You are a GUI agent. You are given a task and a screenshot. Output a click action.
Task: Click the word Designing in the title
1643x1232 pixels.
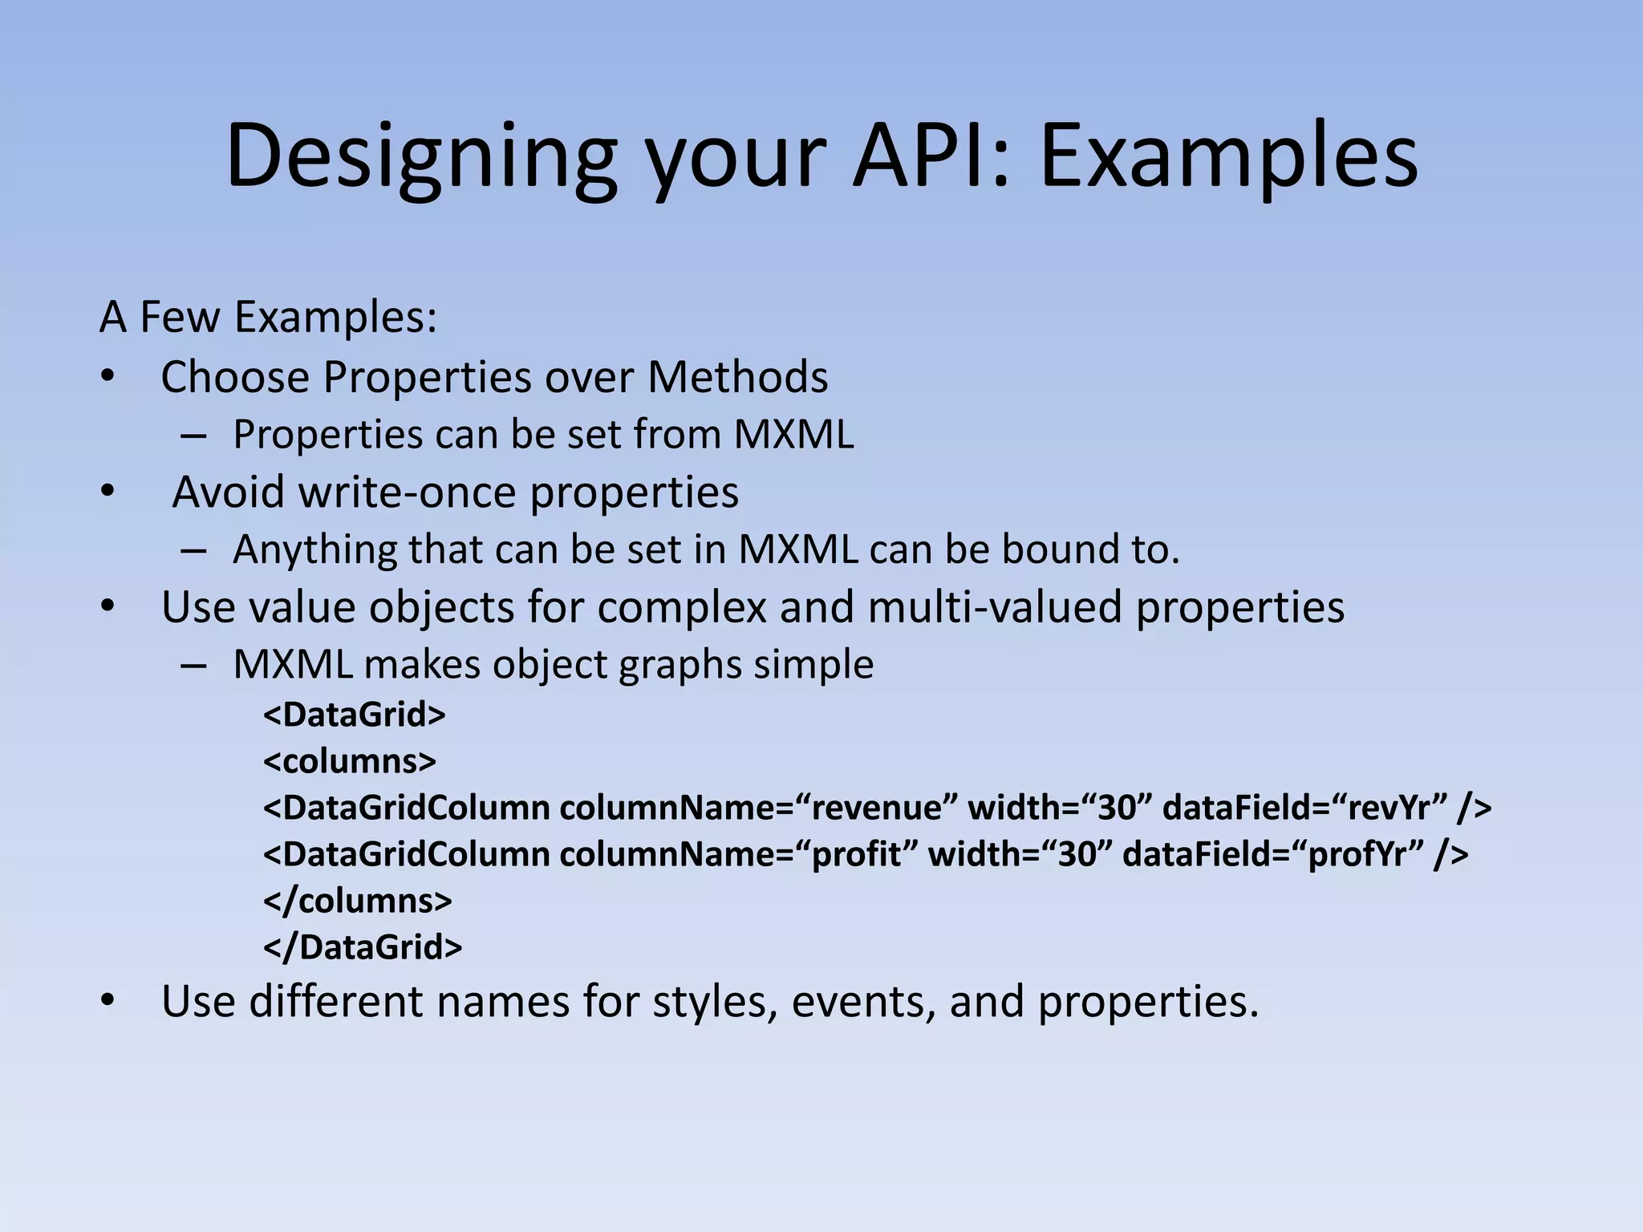click(422, 156)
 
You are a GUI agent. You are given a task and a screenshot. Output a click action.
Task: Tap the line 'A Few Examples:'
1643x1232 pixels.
click(269, 316)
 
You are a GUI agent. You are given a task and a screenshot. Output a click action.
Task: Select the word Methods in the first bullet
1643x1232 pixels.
click(737, 376)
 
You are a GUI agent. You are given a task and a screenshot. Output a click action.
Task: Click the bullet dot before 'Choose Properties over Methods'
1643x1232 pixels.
click(108, 376)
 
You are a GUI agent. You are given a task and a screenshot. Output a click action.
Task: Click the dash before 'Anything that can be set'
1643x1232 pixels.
click(193, 550)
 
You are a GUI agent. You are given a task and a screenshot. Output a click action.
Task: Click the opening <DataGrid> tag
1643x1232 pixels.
click(354, 715)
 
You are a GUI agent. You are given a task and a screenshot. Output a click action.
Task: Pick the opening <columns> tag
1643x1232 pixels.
click(350, 760)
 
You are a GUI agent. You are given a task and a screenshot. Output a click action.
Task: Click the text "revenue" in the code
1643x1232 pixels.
click(877, 808)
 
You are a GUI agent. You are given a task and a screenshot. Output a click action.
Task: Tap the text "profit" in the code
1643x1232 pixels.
click(858, 854)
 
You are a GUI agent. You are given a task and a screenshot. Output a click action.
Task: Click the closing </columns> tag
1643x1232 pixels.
click(358, 901)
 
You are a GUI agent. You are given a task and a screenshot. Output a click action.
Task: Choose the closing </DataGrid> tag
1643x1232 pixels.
click(363, 947)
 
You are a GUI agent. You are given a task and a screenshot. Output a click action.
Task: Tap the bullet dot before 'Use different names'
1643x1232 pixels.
click(108, 1002)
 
